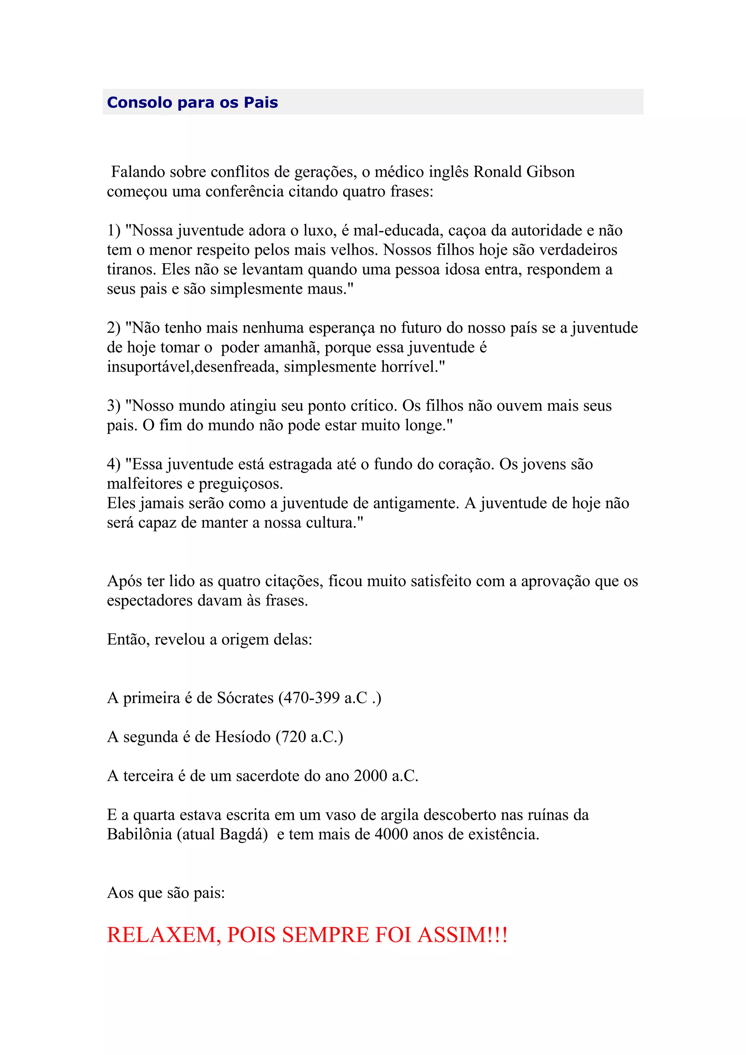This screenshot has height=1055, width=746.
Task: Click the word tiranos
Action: click(x=131, y=269)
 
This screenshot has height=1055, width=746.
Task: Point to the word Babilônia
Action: click(x=139, y=834)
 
